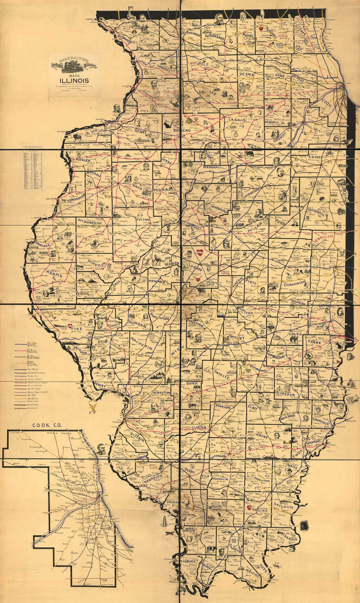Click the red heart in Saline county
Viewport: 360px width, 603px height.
click(x=249, y=507)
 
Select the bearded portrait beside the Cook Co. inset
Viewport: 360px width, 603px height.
click(x=101, y=448)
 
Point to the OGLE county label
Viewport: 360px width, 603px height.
click(x=203, y=63)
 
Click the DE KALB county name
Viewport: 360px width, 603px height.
click(x=246, y=74)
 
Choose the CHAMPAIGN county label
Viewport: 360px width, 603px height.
click(x=295, y=284)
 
